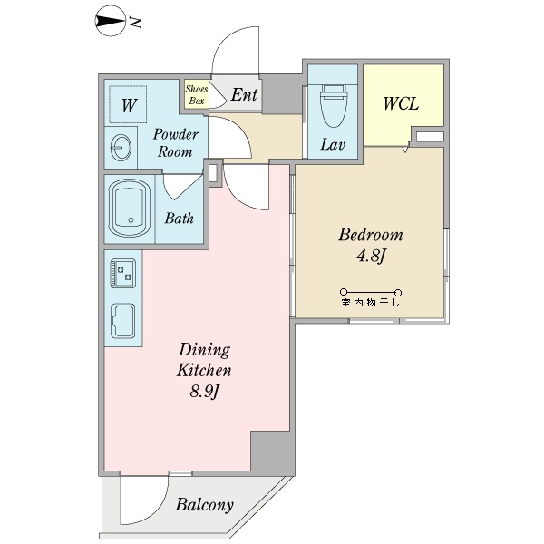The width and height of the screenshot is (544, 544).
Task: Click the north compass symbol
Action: (x=110, y=21)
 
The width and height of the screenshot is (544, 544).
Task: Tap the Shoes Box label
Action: (x=197, y=94)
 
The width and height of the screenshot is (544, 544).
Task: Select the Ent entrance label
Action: (x=244, y=94)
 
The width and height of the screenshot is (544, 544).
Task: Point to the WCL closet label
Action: (x=401, y=103)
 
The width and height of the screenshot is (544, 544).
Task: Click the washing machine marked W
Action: (x=128, y=104)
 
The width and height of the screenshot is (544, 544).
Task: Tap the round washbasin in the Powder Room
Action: (x=121, y=148)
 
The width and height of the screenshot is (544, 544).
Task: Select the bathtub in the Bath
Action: (x=130, y=209)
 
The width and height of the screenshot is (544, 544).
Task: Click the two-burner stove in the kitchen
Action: (x=122, y=273)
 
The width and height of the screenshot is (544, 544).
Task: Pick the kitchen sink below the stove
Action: (x=122, y=321)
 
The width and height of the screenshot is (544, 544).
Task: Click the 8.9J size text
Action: (x=204, y=392)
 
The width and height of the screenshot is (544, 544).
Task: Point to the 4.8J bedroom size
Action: (x=371, y=256)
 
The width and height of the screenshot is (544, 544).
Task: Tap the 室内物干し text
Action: (x=371, y=303)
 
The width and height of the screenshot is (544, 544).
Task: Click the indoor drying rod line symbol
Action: (x=371, y=292)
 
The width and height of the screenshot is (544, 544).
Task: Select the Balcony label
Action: (x=204, y=505)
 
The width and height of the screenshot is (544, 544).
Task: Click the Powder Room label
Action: (x=175, y=143)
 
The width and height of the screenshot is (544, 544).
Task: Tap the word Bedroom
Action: (x=371, y=235)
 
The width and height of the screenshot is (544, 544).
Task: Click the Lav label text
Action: (x=333, y=145)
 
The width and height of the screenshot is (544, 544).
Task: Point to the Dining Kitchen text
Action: (x=204, y=360)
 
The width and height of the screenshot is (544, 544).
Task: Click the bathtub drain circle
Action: (x=131, y=220)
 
